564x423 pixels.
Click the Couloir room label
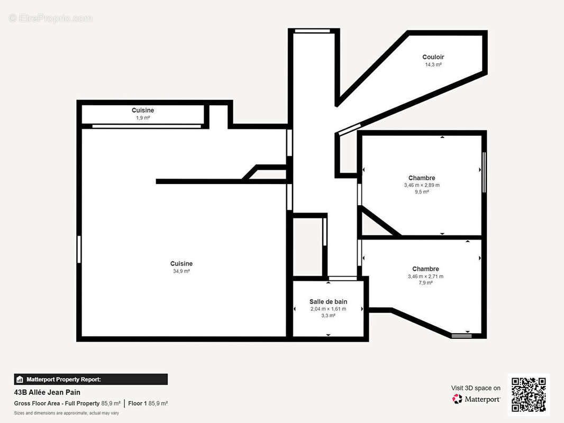click(x=433, y=57)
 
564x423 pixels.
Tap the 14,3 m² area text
click(x=433, y=65)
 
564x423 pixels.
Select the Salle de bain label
click(x=328, y=301)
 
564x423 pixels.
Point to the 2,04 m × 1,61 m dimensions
click(x=328, y=309)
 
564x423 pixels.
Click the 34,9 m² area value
click(x=181, y=271)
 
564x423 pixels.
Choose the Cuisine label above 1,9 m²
click(x=143, y=111)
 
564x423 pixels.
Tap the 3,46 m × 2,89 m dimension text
click(x=422, y=185)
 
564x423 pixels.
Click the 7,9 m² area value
click(x=425, y=283)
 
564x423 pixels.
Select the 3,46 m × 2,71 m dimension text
click(x=425, y=277)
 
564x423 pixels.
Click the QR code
click(x=529, y=394)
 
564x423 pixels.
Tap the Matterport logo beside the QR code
click(x=476, y=399)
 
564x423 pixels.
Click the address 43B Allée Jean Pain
click(x=47, y=392)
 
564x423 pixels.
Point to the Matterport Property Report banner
click(x=90, y=380)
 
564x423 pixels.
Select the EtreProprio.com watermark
click(x=51, y=18)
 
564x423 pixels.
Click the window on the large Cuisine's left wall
click(x=79, y=250)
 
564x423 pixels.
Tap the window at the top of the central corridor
click(x=312, y=31)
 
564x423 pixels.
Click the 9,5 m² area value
click(x=422, y=192)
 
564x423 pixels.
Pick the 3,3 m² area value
click(x=328, y=316)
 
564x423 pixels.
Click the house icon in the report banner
click(x=20, y=380)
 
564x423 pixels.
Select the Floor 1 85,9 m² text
click(x=148, y=403)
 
